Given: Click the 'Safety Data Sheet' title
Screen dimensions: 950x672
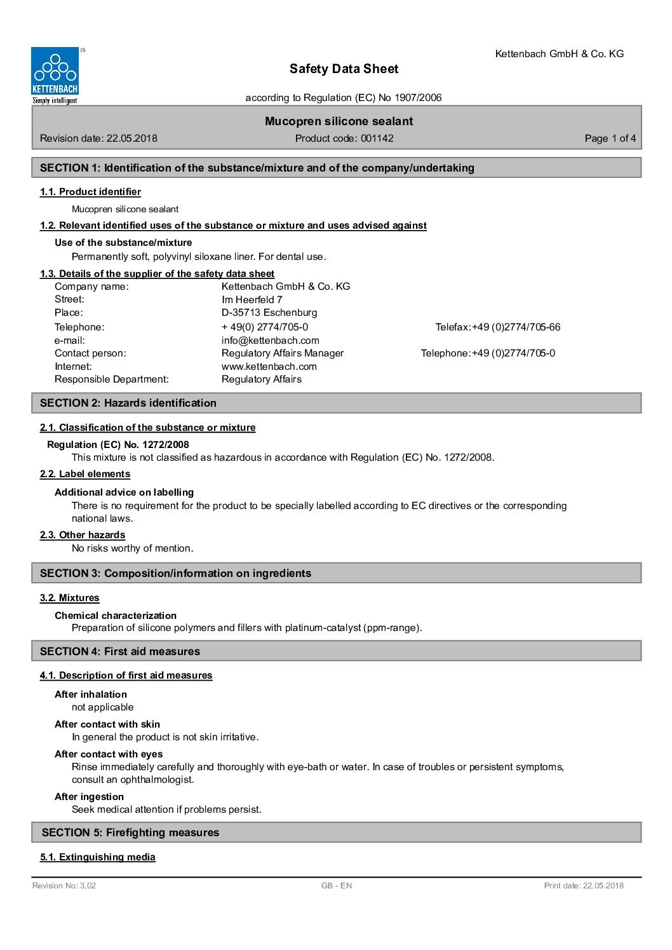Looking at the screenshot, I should click(344, 69).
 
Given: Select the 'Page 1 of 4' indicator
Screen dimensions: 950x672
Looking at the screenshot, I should click(610, 139).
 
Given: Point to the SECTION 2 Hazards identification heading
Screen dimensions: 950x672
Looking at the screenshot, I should click(128, 403).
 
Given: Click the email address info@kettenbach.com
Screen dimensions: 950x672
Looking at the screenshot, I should click(270, 340).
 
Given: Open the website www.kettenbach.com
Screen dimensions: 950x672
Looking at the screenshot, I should click(269, 366).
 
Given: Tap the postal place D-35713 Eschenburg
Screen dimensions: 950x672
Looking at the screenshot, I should click(269, 313).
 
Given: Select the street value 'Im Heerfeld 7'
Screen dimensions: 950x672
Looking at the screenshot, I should click(252, 299).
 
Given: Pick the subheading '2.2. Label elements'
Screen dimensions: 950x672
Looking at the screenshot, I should click(85, 474).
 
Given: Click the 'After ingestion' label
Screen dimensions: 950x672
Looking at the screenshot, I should click(89, 797).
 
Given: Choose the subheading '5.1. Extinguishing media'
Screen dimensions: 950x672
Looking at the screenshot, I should click(98, 857).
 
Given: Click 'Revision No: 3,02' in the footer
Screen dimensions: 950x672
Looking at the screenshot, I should click(64, 886).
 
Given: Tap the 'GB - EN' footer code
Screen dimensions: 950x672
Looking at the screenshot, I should click(337, 886).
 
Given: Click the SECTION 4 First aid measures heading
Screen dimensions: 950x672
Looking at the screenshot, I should click(120, 651).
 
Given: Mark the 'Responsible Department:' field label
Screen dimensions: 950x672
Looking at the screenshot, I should click(112, 379).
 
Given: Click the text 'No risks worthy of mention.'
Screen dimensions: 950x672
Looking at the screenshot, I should click(133, 548).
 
